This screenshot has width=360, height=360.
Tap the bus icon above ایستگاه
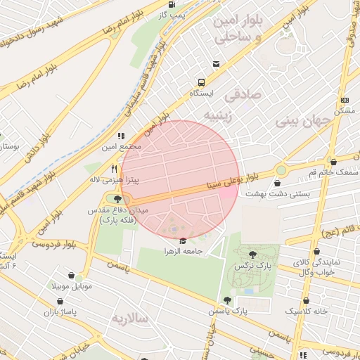click(x=202, y=82)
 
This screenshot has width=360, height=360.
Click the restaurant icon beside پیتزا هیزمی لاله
click(x=115, y=169)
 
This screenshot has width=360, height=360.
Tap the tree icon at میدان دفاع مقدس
click(x=117, y=200)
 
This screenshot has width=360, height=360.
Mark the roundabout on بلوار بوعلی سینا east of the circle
click(x=281, y=169)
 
